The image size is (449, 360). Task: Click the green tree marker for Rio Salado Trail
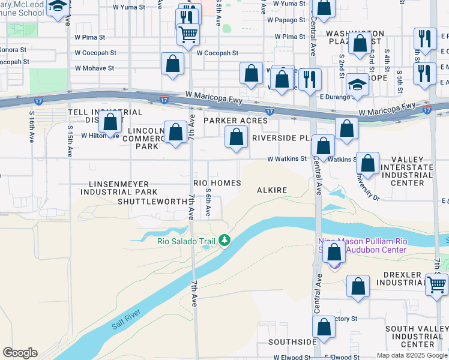coord(224,241)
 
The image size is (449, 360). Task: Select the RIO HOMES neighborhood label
coord(217,183)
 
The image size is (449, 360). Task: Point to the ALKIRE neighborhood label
coord(272,190)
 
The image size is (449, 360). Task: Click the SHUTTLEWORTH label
coord(152,202)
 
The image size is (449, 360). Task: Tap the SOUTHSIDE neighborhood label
coord(292,342)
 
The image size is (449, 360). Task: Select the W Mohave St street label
coord(94,68)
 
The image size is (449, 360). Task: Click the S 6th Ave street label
coord(208,204)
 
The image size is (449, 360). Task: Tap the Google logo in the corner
coord(20,353)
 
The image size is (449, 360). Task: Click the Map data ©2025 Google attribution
coord(412,355)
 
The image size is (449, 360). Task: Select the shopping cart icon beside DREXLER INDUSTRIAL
coord(436,283)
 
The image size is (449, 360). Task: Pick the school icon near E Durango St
coord(357,86)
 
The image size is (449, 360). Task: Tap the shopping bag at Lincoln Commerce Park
coord(175,132)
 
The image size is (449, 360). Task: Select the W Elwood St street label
coord(291,358)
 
